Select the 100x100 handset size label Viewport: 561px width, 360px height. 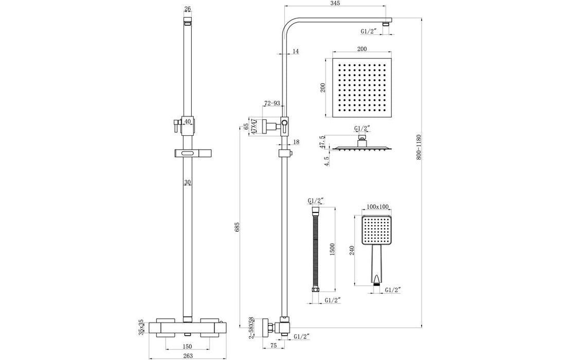pos(378,207)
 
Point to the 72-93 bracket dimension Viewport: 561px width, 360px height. pos(272,103)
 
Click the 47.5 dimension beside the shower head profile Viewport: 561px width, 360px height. pos(322,142)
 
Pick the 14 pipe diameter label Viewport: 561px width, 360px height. pos(295,51)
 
